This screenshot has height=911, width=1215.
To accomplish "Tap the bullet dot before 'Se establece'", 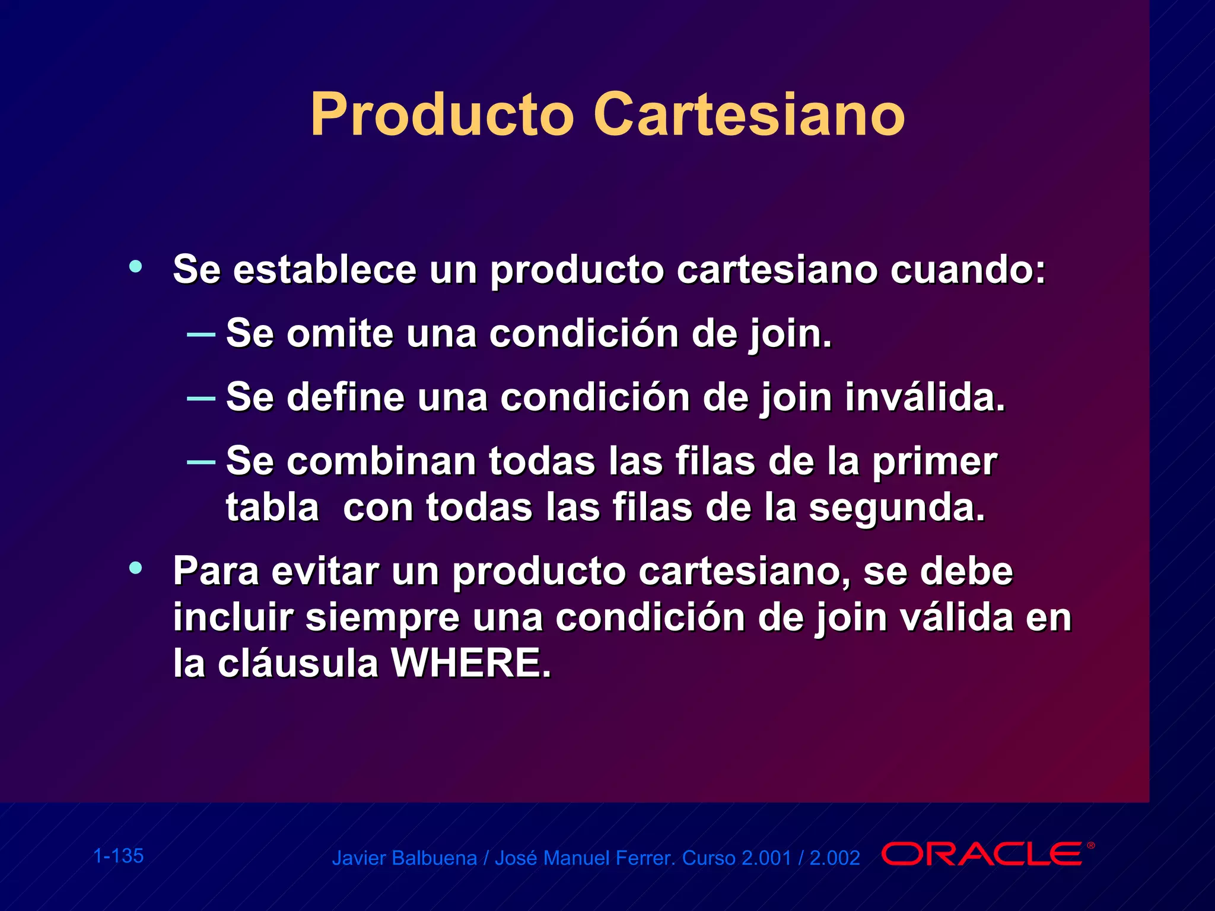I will coord(136,266).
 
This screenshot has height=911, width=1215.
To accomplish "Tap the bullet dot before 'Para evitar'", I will coord(136,568).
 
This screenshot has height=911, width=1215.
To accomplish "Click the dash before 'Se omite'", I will coord(201,335).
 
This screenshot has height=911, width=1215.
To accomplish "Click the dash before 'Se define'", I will coord(201,398).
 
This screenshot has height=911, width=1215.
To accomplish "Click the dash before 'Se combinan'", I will coord(201,461).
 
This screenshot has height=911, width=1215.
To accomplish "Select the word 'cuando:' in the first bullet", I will coord(968,270).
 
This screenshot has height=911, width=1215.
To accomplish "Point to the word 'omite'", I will coord(340,333).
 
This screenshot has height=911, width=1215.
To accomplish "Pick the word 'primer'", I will coord(934,462).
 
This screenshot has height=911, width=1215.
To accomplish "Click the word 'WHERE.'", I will coord(471,663).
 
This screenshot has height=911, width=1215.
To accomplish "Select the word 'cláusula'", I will coord(298,663).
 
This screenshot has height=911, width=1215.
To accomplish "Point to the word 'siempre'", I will coord(382,617).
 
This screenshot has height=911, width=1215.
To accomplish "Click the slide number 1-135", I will coord(119,856).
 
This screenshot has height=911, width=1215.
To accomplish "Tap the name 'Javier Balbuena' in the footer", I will coord(404,858).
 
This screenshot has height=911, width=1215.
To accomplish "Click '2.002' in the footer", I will coord(835,858).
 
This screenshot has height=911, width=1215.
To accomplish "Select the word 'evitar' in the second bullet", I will coord(325,572).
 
